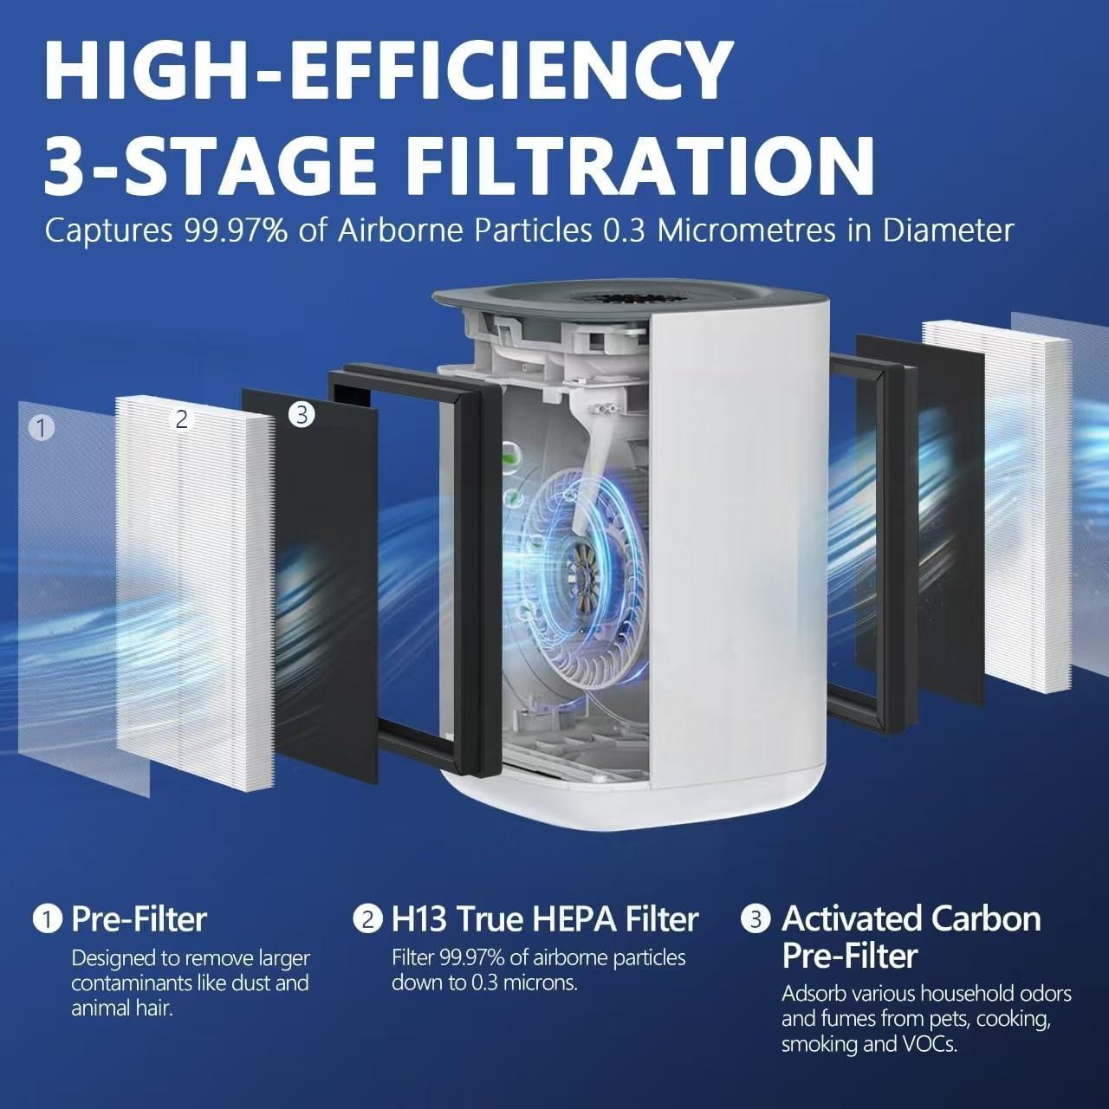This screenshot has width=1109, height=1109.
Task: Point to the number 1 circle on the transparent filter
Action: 41,427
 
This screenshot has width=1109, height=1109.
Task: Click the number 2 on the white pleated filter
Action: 181,419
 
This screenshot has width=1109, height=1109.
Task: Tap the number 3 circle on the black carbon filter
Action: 301,415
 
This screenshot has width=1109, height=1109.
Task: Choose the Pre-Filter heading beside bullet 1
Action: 139,919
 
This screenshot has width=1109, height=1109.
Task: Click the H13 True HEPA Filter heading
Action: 544,919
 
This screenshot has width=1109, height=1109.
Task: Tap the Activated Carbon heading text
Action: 911,918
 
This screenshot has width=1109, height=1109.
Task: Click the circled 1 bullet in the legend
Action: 48,919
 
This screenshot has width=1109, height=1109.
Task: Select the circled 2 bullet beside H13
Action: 367,919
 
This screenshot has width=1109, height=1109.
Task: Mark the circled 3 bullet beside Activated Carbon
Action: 756,918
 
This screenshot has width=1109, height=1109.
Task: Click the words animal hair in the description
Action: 122,1008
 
